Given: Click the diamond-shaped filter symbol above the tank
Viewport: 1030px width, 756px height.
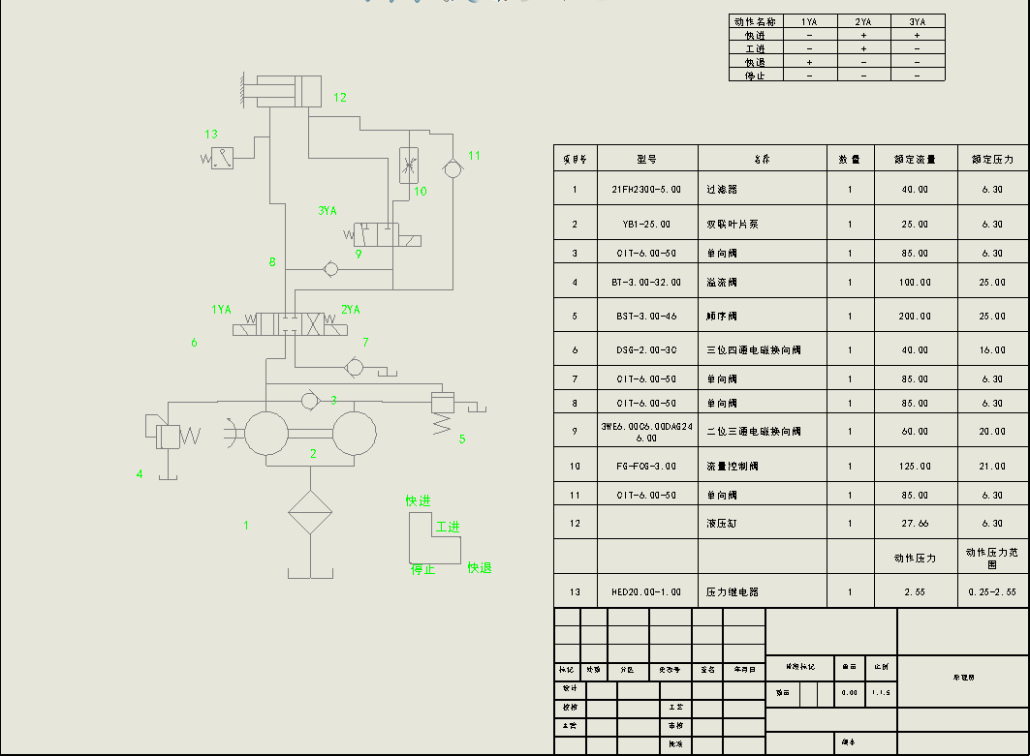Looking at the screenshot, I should (310, 513).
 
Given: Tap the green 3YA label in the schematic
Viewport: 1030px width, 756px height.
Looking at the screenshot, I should (328, 210).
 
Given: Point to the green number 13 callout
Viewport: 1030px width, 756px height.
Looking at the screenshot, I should (211, 135).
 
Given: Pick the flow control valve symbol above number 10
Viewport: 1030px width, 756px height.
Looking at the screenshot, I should (408, 165).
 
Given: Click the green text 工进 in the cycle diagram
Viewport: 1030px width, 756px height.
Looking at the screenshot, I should (447, 527).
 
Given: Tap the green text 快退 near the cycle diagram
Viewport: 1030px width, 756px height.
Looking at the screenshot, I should (480, 567).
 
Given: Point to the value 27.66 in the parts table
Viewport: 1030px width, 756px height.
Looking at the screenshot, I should (915, 524).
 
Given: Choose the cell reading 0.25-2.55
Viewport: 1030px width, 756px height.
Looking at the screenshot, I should (992, 591).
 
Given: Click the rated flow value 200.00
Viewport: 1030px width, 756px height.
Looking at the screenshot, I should (915, 316).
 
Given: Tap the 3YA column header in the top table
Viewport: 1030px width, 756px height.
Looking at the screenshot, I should (917, 21).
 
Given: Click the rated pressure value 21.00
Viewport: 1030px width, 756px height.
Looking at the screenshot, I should (992, 466).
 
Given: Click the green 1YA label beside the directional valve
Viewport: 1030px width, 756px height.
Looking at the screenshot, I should (221, 310).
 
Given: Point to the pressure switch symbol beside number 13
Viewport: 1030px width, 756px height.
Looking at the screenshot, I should (222, 158).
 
